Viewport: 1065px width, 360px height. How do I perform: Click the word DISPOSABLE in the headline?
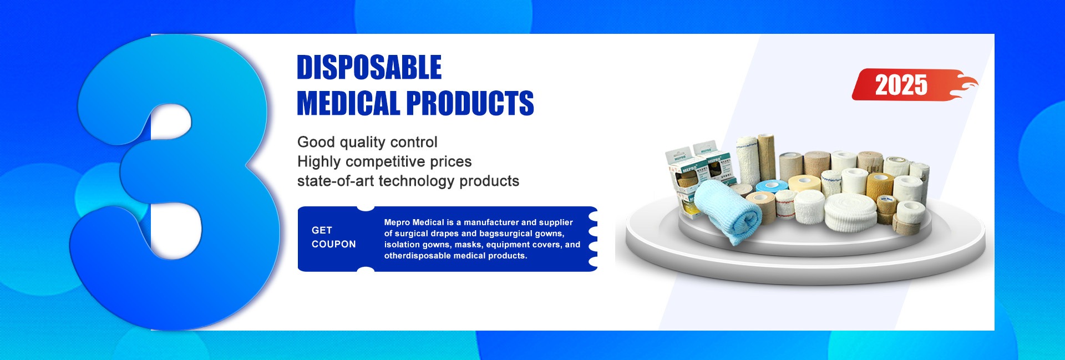[x=369, y=67]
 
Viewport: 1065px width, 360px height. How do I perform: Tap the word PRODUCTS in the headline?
[x=470, y=103]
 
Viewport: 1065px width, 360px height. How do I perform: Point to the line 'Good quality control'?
[x=367, y=142]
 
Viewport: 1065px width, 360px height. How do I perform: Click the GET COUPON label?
[x=333, y=237]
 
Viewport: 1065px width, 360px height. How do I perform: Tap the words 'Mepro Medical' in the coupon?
[x=414, y=222]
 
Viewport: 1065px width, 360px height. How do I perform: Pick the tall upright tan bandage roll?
[x=766, y=157]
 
